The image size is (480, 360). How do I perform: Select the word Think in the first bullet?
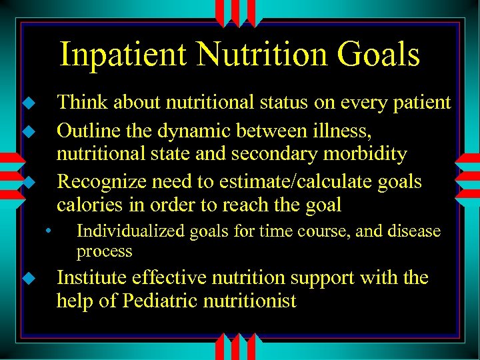(82, 103)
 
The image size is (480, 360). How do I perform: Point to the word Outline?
(88, 128)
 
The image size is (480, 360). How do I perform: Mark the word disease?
(415, 231)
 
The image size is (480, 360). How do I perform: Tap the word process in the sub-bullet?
(104, 251)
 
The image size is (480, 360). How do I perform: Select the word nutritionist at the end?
(254, 301)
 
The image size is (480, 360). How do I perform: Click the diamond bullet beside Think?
(27, 103)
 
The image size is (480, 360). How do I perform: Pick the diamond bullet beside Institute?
(27, 278)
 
